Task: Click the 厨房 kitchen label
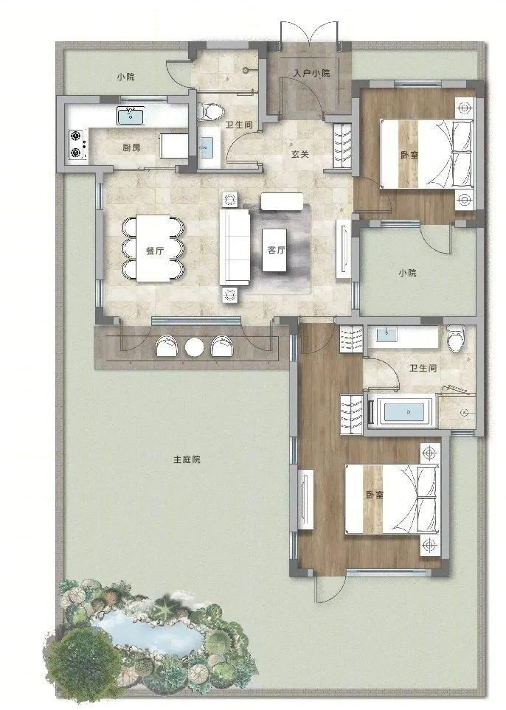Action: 131,147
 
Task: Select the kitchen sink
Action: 131,116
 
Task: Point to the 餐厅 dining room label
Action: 155,251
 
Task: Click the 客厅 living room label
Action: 276,250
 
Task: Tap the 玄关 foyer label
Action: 300,154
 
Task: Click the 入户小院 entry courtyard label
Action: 312,73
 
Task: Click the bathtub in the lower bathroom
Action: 402,412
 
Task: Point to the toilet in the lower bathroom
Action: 455,338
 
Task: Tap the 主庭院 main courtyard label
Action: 187,459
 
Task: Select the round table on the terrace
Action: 194,347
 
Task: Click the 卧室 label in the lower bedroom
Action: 374,495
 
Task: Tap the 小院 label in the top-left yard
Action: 125,77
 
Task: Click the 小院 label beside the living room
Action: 407,273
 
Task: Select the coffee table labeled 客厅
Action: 274,250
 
